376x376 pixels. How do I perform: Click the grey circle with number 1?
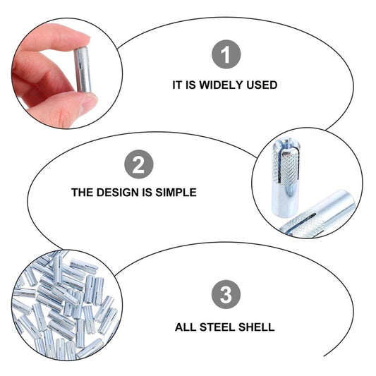point(226,54)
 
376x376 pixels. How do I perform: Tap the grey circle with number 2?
point(138,164)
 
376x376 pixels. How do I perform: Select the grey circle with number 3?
point(226,294)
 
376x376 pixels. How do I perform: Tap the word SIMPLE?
point(176,193)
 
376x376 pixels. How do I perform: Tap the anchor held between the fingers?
point(83,70)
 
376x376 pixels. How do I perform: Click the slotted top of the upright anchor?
point(286,145)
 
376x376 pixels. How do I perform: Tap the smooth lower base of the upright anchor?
point(286,203)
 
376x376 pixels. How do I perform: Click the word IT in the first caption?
point(176,85)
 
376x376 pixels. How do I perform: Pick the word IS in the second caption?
point(147,193)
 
